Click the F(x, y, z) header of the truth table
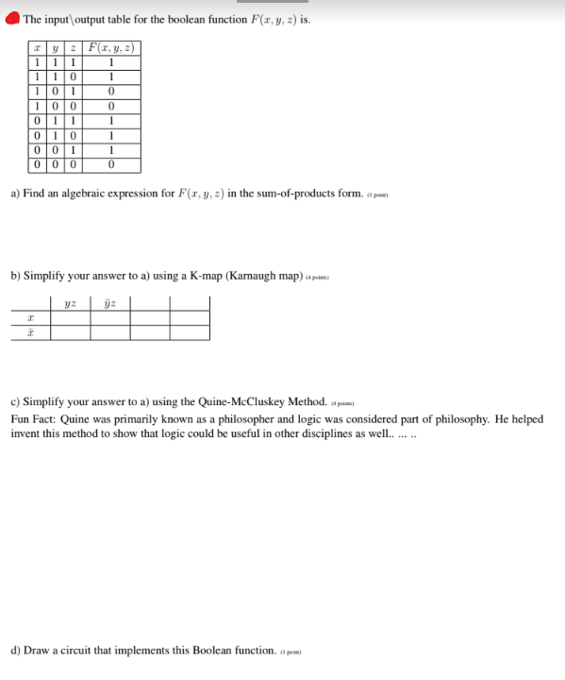tap(111, 49)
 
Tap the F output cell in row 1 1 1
tap(111, 63)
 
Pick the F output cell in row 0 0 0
tap(111, 164)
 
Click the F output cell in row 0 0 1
tap(111, 150)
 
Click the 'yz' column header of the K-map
tap(70, 303)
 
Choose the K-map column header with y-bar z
tap(109, 303)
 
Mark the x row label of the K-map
tap(30, 318)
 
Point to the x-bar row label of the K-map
tap(30, 332)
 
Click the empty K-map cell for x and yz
tap(70, 318)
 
